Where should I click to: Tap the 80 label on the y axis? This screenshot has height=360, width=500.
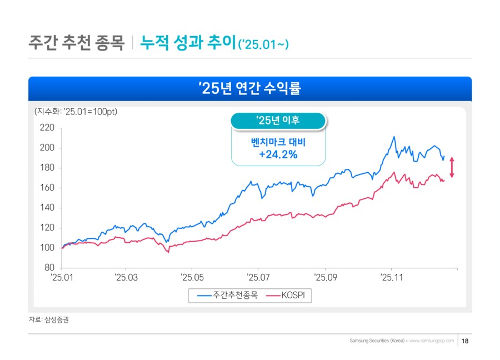50,268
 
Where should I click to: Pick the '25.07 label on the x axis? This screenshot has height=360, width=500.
258,276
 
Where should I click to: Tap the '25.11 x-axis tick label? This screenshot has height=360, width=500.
391,276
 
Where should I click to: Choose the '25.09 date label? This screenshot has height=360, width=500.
325,276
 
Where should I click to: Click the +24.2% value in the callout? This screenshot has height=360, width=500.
278,154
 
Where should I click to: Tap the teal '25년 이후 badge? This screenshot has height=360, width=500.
278,120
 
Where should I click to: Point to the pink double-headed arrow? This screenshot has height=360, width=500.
452,167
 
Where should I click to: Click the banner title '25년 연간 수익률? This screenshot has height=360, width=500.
250,88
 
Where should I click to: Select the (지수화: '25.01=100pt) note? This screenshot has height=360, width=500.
76,111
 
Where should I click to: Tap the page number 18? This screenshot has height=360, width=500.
466,341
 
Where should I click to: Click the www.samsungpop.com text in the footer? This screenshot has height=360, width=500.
432,341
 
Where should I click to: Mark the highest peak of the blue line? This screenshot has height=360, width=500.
393,137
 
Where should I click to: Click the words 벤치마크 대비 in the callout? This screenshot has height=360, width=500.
278,142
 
